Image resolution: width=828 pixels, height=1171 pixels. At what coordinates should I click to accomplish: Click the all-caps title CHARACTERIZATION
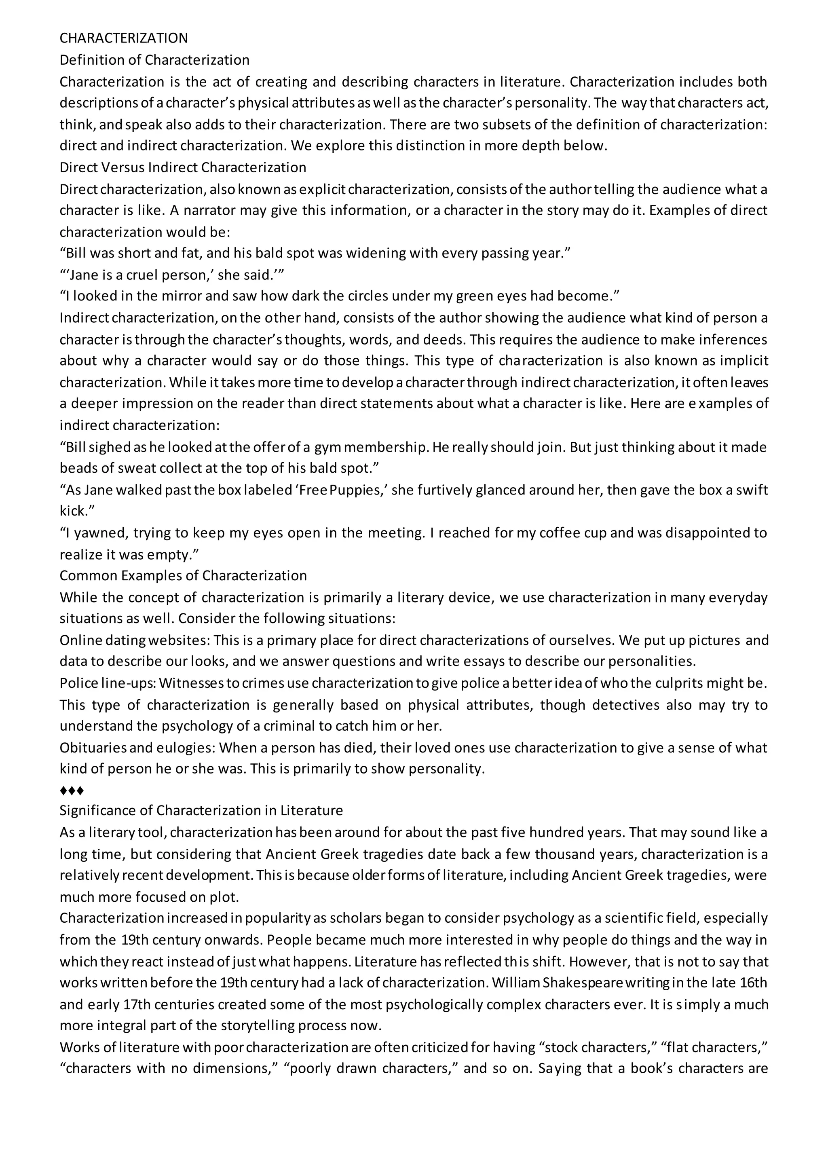[x=124, y=38]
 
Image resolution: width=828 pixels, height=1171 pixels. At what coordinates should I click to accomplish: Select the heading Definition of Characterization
[x=154, y=60]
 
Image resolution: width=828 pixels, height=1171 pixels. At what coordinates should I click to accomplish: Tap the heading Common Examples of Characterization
[x=183, y=575]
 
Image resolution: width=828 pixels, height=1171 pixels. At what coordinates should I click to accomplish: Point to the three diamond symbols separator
[x=72, y=791]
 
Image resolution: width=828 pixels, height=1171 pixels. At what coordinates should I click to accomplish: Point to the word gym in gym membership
[x=326, y=447]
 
